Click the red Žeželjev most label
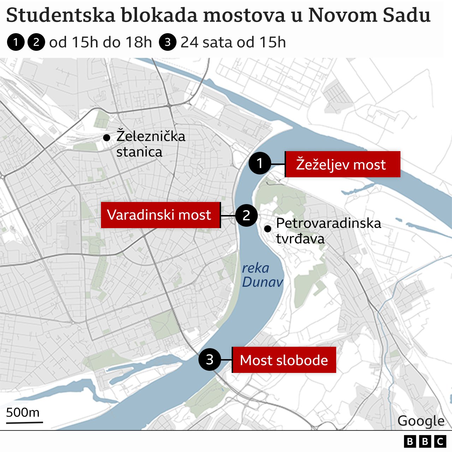click(x=342, y=165)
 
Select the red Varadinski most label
click(x=161, y=215)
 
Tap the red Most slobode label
click(x=284, y=360)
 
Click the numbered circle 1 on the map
click(x=260, y=163)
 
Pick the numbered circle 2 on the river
click(x=246, y=215)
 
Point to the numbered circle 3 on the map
click(x=210, y=359)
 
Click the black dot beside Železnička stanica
click(x=106, y=138)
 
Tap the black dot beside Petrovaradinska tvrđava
click(x=268, y=229)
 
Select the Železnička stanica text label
click(x=150, y=144)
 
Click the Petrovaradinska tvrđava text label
click(x=328, y=231)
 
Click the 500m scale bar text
click(x=23, y=412)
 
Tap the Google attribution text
click(x=421, y=421)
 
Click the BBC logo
click(x=425, y=441)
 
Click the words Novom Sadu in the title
click(x=369, y=16)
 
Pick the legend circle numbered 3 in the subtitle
click(x=168, y=42)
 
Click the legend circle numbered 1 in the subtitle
click(x=16, y=42)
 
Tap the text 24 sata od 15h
click(x=233, y=42)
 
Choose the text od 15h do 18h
click(x=101, y=42)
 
